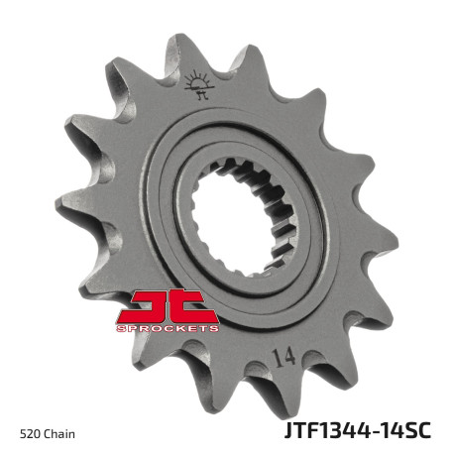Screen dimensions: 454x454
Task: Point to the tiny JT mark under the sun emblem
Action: click(202, 95)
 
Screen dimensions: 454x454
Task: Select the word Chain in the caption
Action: click(59, 433)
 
